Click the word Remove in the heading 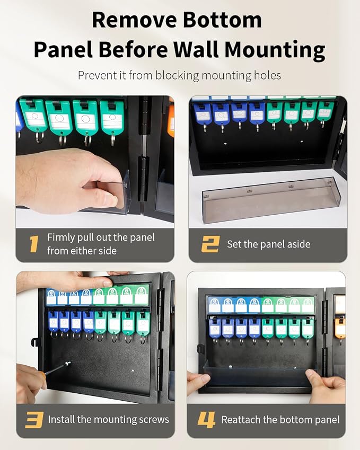tap(134, 20)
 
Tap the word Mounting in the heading tap(275, 49)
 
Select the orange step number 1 tap(34, 244)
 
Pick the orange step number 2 tap(210, 244)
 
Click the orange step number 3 tap(34, 420)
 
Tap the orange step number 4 tap(206, 420)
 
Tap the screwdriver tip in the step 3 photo tap(68, 364)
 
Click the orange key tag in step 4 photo tap(340, 327)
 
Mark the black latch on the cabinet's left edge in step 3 tap(35, 342)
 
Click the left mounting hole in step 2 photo tap(225, 143)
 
